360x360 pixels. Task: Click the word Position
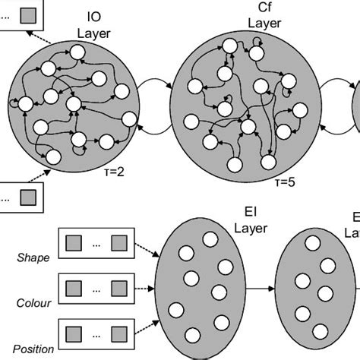(33, 350)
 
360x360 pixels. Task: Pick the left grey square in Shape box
(74, 244)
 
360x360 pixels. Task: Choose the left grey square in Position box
(74, 335)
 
